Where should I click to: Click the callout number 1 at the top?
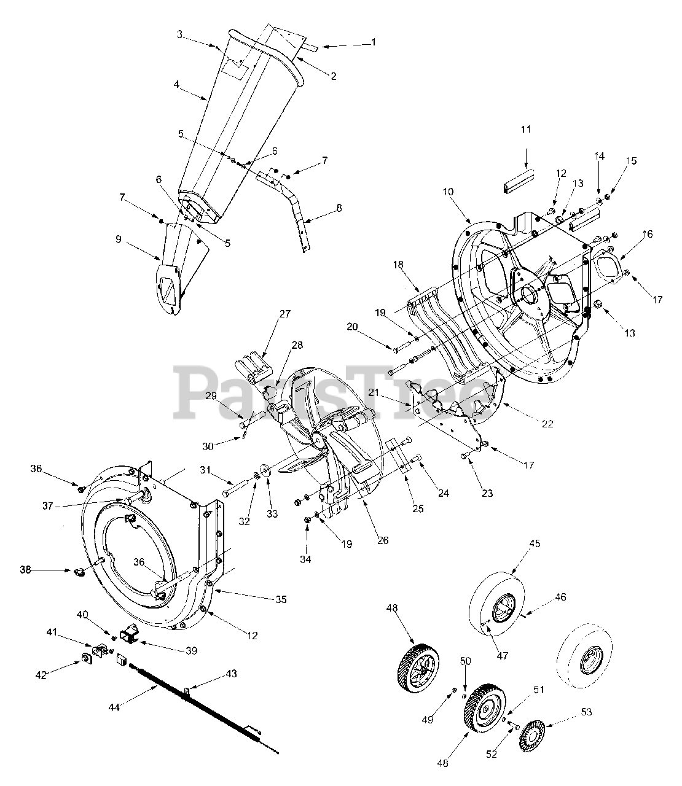(373, 42)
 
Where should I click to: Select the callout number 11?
(525, 130)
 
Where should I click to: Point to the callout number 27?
(284, 314)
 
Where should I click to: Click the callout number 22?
(547, 424)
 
